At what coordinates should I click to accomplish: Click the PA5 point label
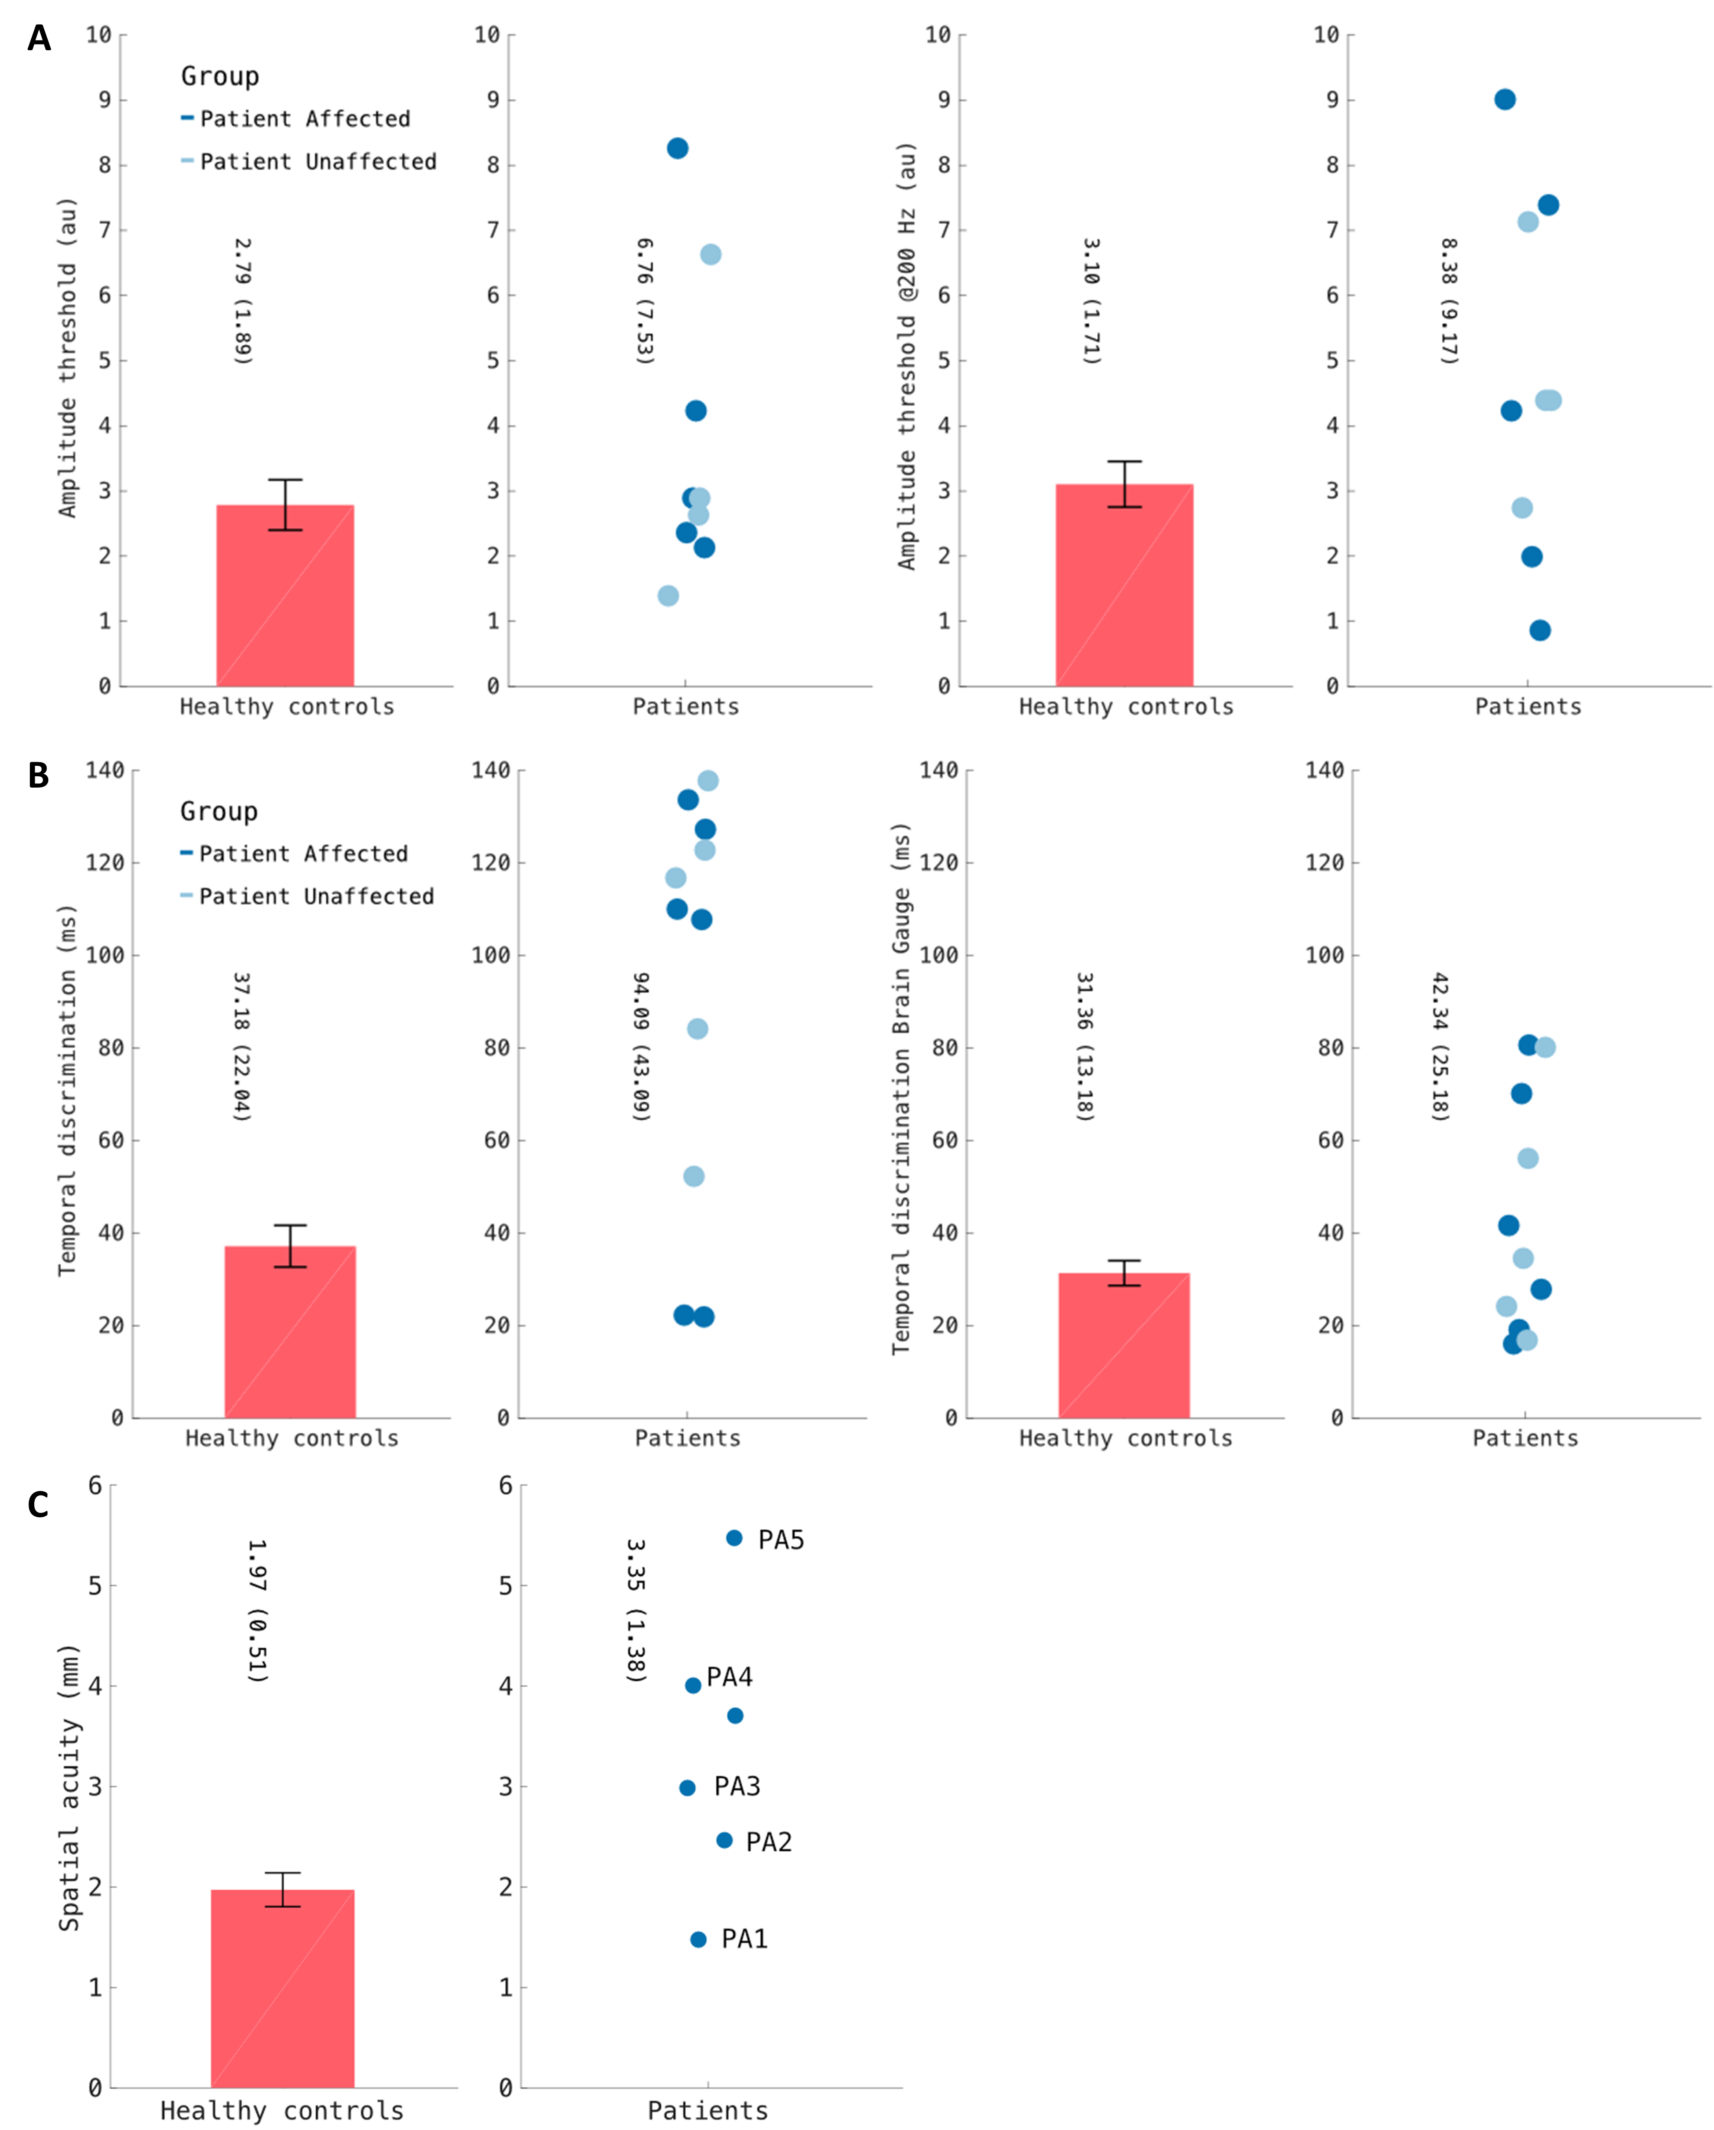pyautogui.click(x=780, y=1540)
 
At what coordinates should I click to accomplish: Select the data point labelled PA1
pyautogui.click(x=698, y=1939)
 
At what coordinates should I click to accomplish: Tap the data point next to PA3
pyautogui.click(x=688, y=1787)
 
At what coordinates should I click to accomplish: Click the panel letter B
pyautogui.click(x=39, y=775)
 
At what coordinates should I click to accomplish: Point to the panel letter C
pyautogui.click(x=39, y=1505)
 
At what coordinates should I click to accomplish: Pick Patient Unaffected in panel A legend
pyautogui.click(x=318, y=162)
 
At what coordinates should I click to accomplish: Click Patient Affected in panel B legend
pyautogui.click(x=303, y=854)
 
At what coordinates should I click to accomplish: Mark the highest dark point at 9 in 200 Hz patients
pyautogui.click(x=1505, y=100)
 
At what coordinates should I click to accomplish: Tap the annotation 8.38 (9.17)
pyautogui.click(x=1448, y=301)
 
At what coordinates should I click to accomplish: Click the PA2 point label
pyautogui.click(x=769, y=1841)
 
